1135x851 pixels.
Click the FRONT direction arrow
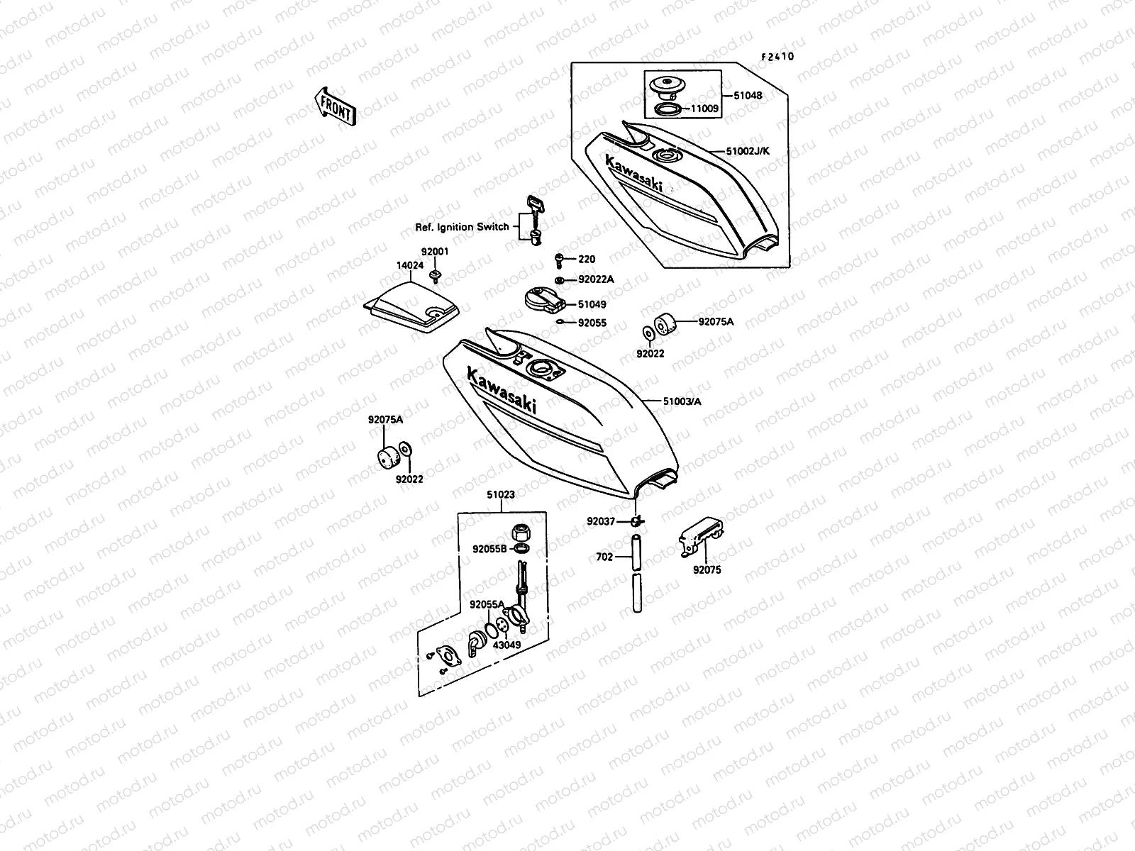point(335,107)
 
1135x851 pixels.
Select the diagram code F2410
point(777,57)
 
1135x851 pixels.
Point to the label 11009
point(705,109)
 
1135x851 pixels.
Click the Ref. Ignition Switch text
point(462,227)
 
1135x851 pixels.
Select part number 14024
point(409,265)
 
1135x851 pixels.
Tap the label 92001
point(435,252)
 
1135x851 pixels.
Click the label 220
point(587,260)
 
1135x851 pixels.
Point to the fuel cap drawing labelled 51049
point(544,297)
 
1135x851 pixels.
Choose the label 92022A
point(596,279)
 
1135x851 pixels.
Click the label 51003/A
point(682,401)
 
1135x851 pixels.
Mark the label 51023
point(500,494)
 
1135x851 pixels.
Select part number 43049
point(507,645)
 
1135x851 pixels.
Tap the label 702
point(604,557)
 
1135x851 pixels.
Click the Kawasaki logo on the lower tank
point(501,389)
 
